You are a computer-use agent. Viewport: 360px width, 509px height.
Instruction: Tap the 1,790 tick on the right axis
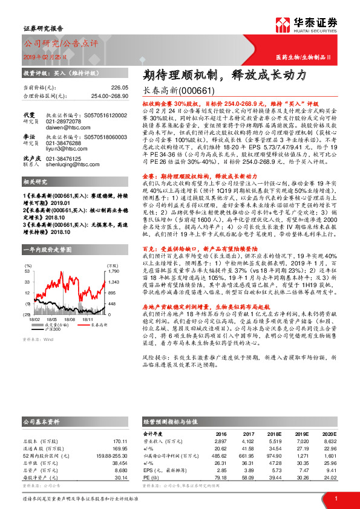click(x=114, y=271)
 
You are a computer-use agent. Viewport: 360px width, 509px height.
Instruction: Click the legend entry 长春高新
click(x=99, y=325)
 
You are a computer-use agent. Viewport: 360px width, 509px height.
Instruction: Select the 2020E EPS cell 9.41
click(x=330, y=471)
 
